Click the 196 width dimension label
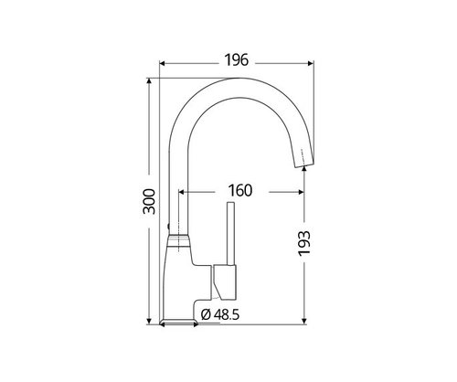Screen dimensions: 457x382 (237, 60)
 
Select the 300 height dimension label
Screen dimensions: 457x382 (149, 202)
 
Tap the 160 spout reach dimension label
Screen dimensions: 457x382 (240, 190)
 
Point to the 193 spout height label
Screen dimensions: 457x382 (304, 243)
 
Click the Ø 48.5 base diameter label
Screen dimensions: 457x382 (220, 314)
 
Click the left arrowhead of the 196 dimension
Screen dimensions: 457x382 (162, 63)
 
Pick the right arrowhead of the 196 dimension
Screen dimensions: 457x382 (311, 63)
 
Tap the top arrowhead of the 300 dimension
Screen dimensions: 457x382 (149, 80)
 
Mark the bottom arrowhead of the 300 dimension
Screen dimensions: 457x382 (149, 322)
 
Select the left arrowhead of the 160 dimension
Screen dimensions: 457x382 (181, 192)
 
